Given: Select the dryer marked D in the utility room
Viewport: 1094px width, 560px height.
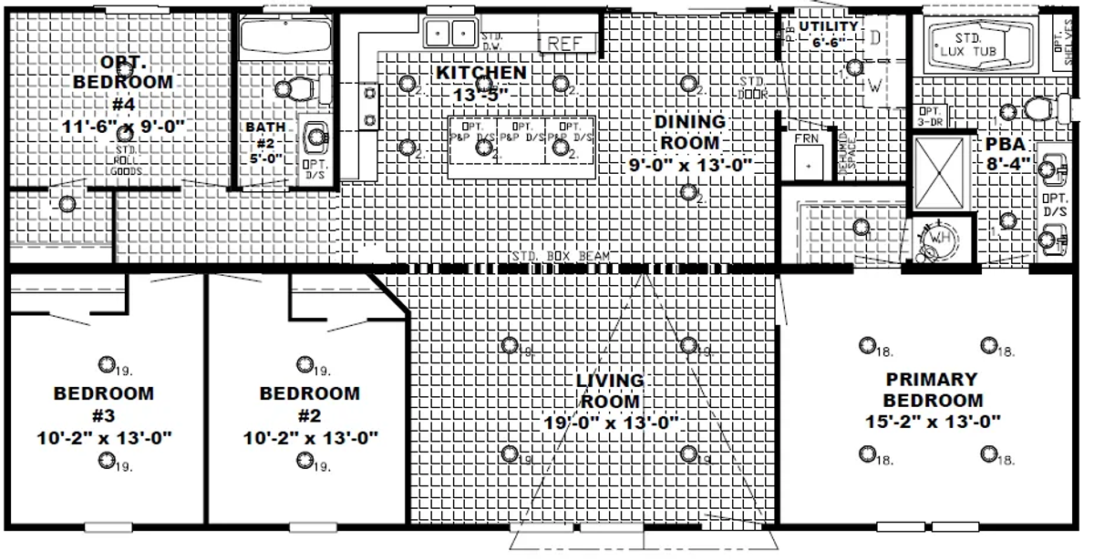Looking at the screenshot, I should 874,38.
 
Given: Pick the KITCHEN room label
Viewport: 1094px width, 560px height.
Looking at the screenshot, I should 480,73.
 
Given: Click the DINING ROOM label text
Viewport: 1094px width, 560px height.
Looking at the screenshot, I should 690,132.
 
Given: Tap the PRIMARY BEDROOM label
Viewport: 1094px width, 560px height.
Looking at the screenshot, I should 932,390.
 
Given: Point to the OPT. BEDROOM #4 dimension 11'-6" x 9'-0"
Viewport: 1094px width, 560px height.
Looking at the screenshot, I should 124,126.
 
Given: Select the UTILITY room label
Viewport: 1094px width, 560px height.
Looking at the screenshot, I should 829,26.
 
